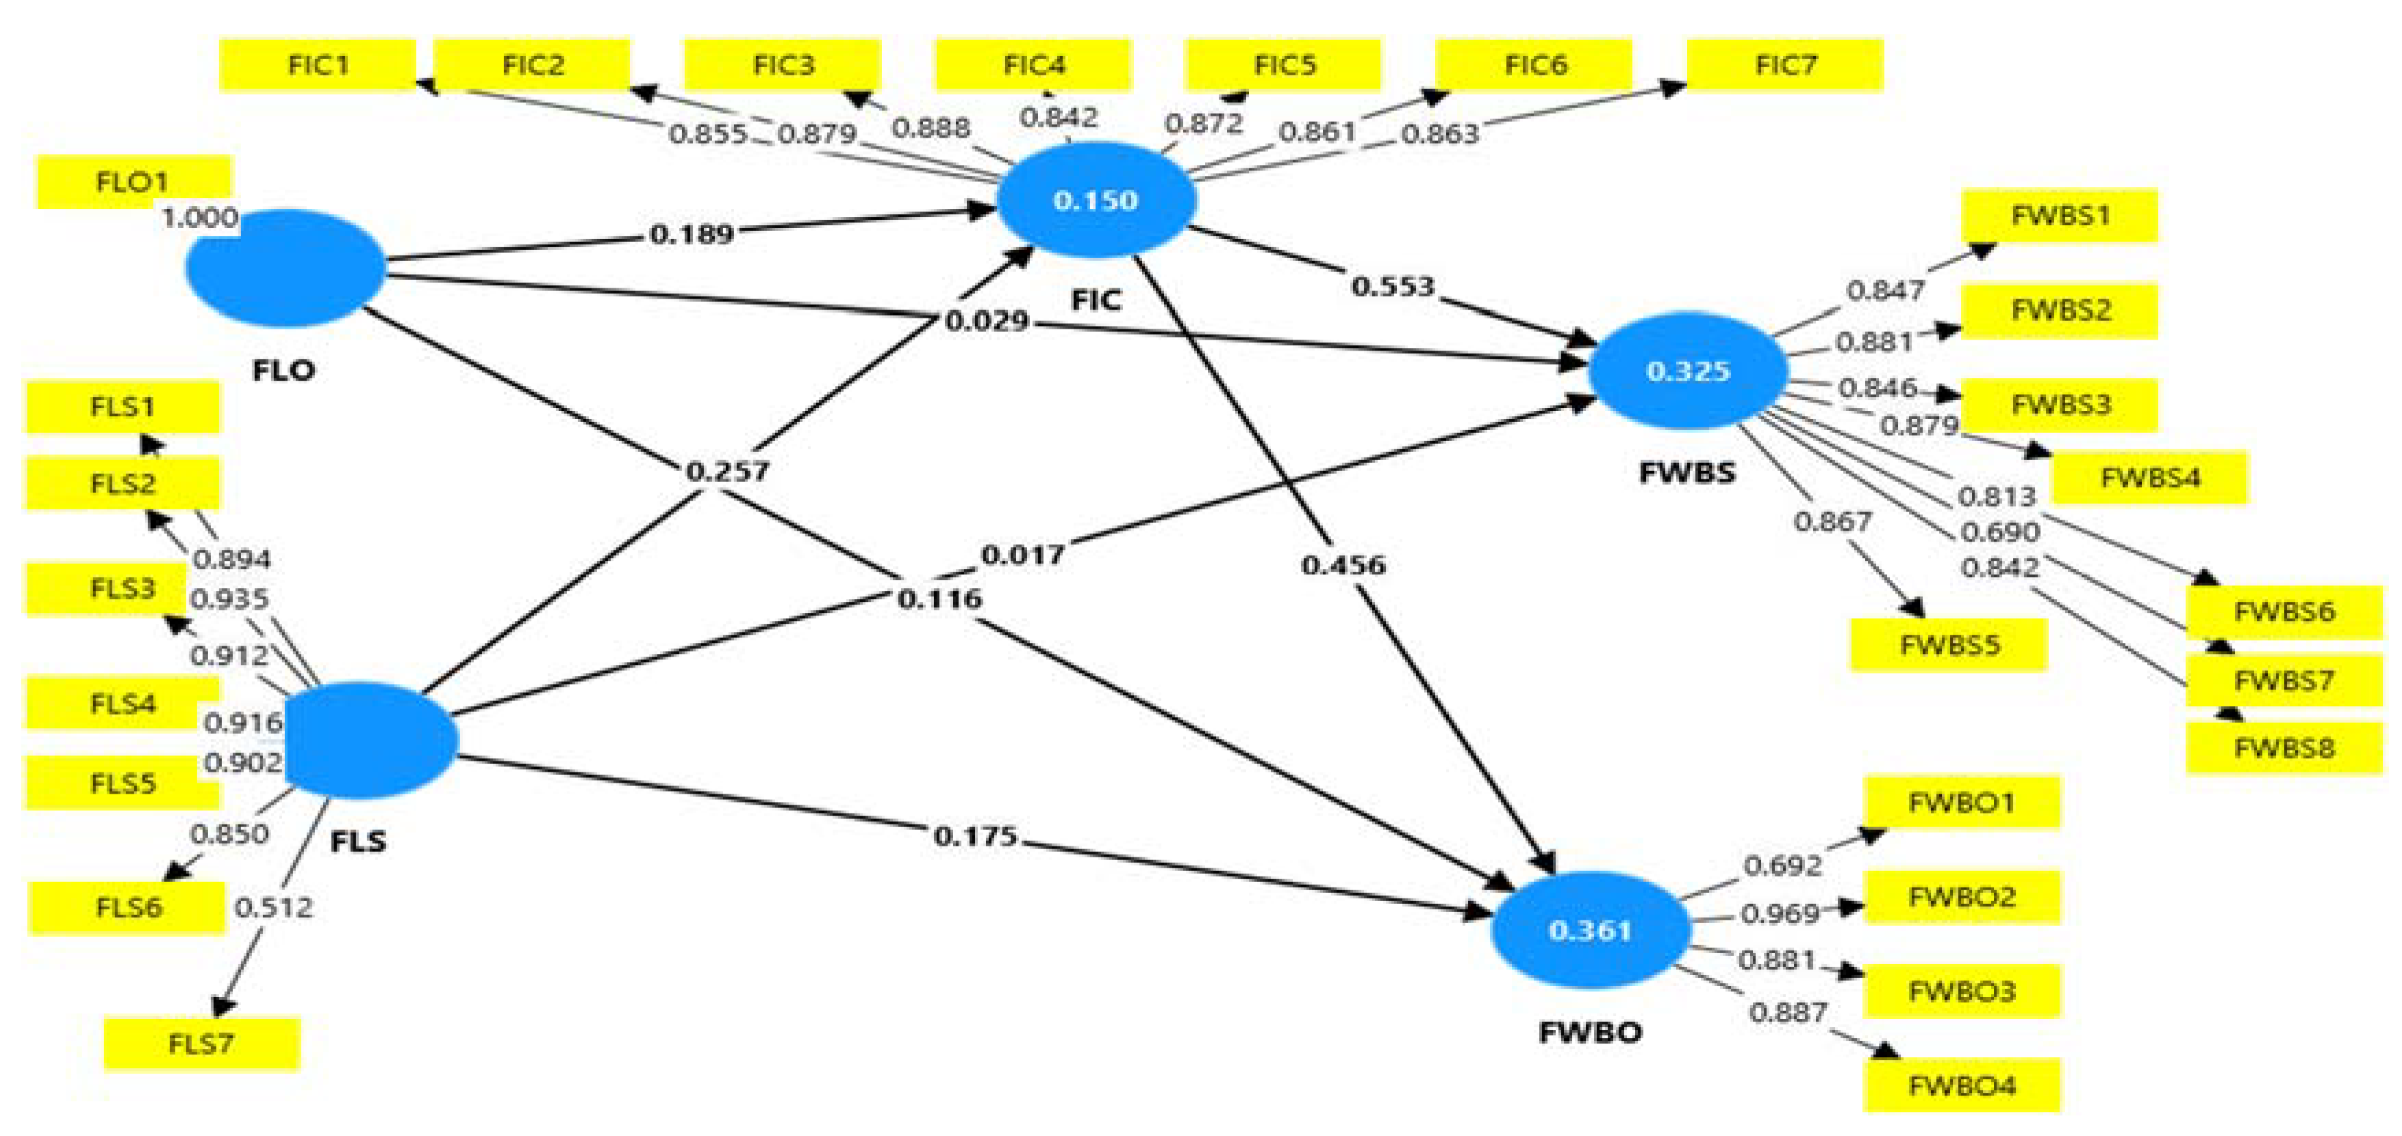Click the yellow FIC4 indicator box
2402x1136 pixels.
click(x=1033, y=65)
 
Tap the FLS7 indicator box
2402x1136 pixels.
click(x=201, y=1043)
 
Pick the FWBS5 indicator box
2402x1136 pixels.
click(x=1949, y=644)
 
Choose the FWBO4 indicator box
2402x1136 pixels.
click(x=1962, y=1085)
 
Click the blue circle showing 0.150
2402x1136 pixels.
click(x=1096, y=199)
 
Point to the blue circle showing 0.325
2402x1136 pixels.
click(x=1688, y=370)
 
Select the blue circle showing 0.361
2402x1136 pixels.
click(x=1590, y=930)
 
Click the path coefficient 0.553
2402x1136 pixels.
click(x=1393, y=286)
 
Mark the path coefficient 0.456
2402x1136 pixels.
click(x=1343, y=564)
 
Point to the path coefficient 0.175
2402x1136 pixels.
click(x=974, y=835)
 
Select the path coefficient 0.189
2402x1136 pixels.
click(x=691, y=233)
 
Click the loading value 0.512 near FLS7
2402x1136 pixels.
click(x=273, y=907)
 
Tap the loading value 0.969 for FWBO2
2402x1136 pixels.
click(x=1779, y=912)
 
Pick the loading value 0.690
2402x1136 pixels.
click(x=1999, y=531)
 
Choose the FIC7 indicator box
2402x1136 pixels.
click(x=1784, y=65)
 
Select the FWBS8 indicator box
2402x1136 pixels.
click(x=2284, y=747)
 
